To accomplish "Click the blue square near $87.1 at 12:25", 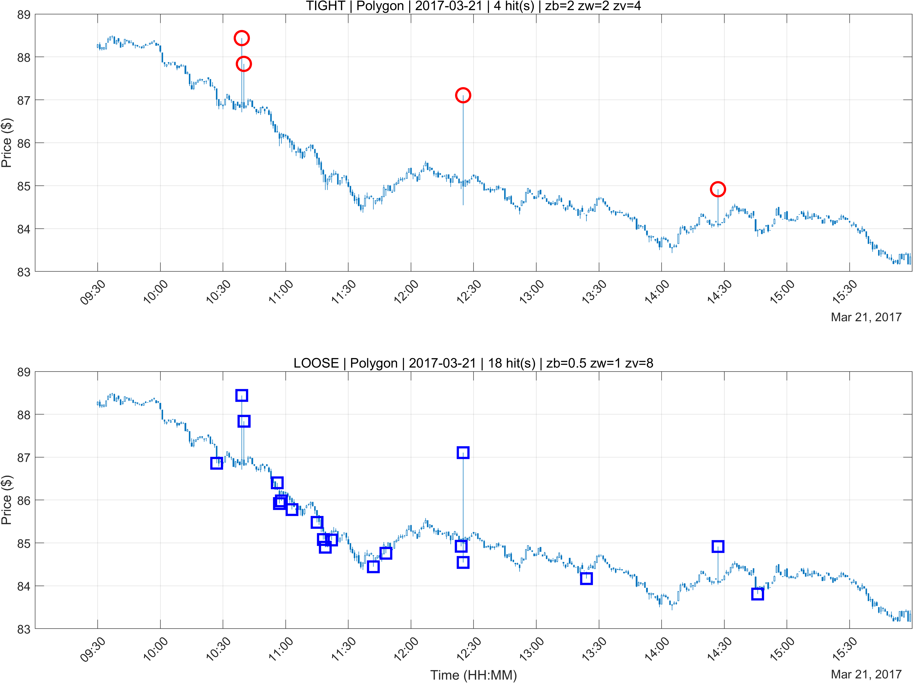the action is (463, 447).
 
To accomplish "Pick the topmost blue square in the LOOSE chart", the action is (242, 390).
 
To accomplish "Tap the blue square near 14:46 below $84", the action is (757, 588).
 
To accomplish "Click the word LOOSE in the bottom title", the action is (316, 363).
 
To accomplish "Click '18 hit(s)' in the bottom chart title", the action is (512, 363).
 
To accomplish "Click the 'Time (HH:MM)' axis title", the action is (473, 675).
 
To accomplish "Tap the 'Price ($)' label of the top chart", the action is (7, 143).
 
